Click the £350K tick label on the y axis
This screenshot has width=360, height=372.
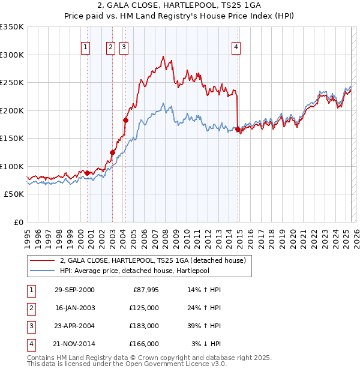(12, 27)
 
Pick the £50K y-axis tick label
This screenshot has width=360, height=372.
(14, 194)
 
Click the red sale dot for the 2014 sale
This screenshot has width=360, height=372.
(238, 129)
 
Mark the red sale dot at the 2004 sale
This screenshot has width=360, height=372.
(126, 120)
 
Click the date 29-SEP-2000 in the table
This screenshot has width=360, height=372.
(74, 290)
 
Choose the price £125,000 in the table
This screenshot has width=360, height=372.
(144, 308)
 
